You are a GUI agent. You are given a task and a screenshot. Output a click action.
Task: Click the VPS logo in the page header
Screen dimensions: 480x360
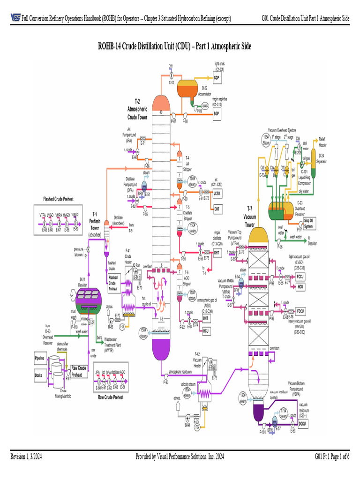pyautogui.click(x=15, y=18)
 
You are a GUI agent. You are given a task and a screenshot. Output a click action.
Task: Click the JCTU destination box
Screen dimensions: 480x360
pyautogui.click(x=217, y=193)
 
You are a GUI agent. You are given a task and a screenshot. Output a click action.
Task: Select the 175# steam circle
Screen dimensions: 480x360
pyautogui.click(x=283, y=413)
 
